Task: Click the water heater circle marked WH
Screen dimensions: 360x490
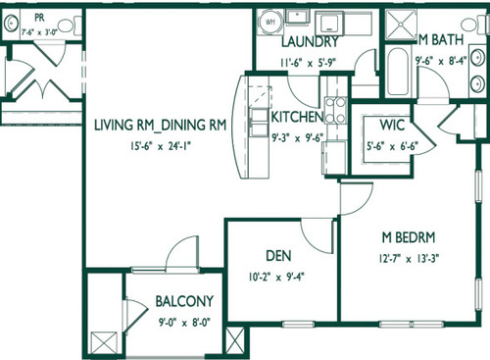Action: [x=269, y=21]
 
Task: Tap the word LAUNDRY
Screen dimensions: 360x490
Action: [x=310, y=42]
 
